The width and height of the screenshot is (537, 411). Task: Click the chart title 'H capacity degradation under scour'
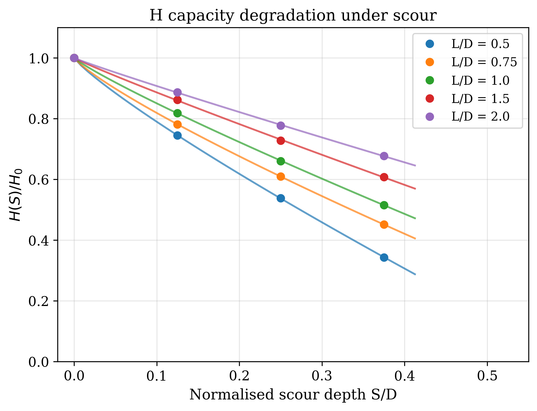[293, 16]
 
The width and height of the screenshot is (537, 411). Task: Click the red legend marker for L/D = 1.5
[430, 99]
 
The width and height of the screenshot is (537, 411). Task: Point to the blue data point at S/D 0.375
[384, 257]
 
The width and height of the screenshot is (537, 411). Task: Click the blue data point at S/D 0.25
[281, 198]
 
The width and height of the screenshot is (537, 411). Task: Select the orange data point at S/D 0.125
[177, 125]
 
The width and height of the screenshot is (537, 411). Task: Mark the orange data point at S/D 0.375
[384, 224]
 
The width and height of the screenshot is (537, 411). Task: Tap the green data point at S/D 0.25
[281, 161]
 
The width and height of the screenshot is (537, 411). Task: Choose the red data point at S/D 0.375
[384, 177]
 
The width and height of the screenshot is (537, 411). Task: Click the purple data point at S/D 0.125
[177, 92]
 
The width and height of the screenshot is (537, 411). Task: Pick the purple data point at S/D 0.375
[384, 156]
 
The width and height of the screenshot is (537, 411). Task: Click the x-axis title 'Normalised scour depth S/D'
[293, 395]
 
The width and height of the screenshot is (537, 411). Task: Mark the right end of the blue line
[415, 274]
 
